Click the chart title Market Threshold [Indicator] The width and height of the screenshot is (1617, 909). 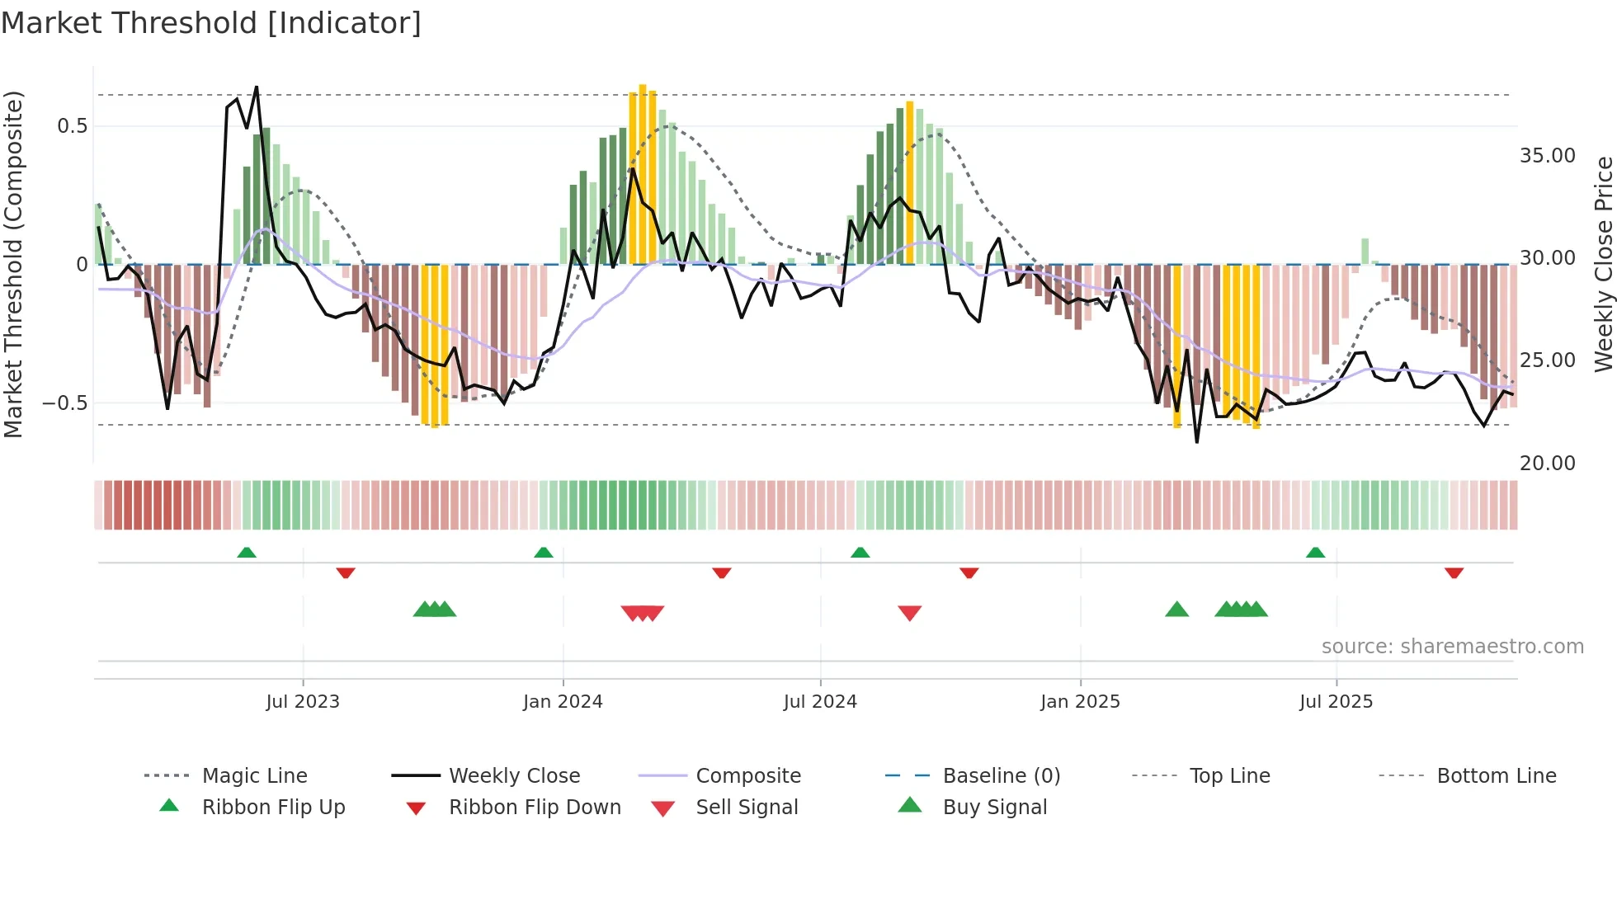pyautogui.click(x=211, y=23)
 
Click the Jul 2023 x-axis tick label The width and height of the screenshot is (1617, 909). pyautogui.click(x=303, y=702)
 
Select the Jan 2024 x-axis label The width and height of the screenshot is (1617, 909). pyautogui.click(x=563, y=702)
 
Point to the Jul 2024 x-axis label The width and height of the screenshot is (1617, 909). pyautogui.click(x=820, y=702)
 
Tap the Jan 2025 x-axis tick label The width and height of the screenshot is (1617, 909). pyautogui.click(x=1080, y=702)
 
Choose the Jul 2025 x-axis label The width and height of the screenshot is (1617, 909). pyautogui.click(x=1336, y=702)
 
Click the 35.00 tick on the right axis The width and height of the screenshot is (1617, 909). pyautogui.click(x=1547, y=156)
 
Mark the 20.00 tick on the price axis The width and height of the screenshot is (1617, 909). pyautogui.click(x=1547, y=464)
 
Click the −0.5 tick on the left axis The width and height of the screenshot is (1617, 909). pyautogui.click(x=64, y=403)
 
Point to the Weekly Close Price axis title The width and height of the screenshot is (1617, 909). pyautogui.click(x=1603, y=264)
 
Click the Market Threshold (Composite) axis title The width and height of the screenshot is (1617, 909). pyautogui.click(x=13, y=264)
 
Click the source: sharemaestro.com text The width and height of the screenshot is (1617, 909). pyautogui.click(x=1452, y=647)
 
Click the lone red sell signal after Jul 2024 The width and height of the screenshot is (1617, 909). pyautogui.click(x=909, y=613)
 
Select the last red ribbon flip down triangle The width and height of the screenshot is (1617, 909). pyautogui.click(x=1454, y=572)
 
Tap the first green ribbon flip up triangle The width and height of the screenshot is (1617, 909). pyautogui.click(x=246, y=553)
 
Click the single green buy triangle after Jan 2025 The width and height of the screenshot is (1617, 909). pyautogui.click(x=1176, y=610)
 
